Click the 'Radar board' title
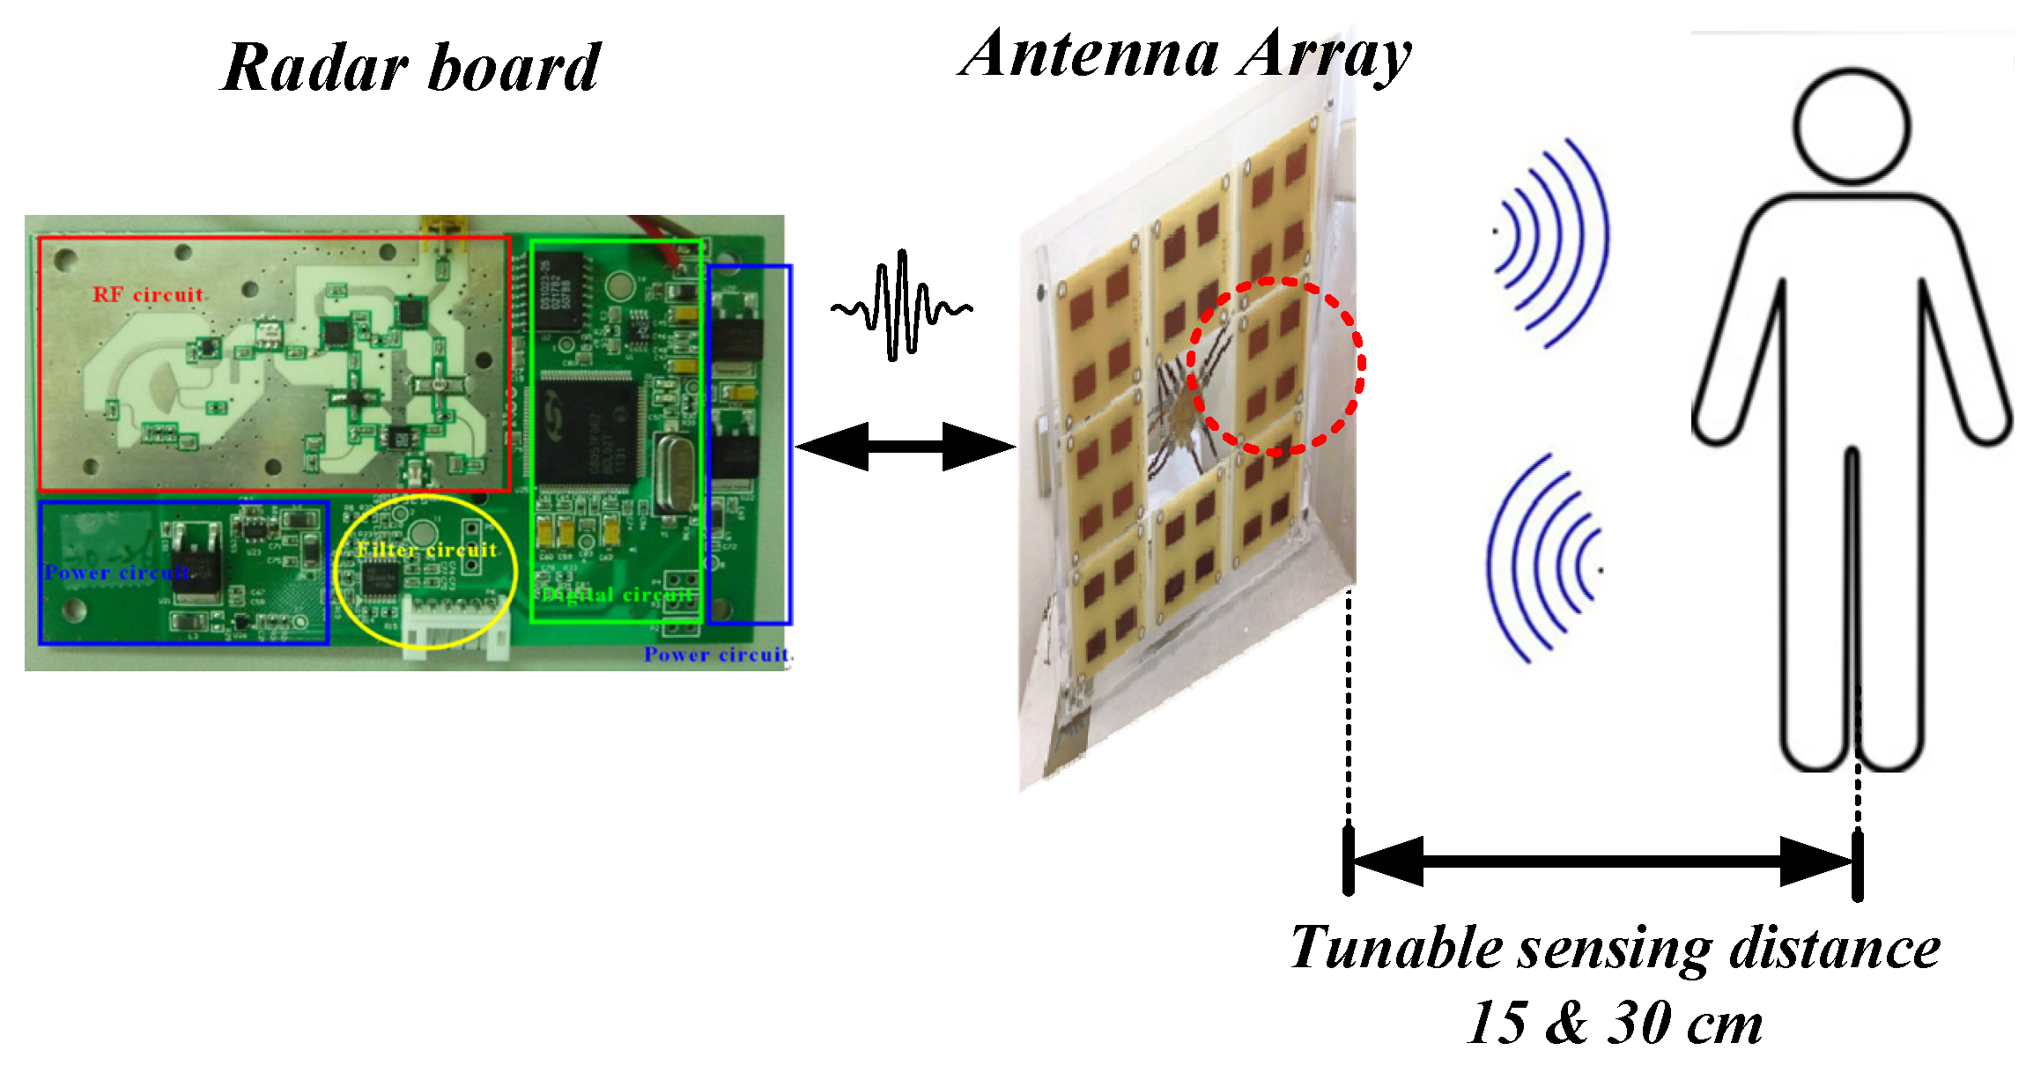410,68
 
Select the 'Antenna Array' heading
1185,55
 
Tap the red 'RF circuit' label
148,294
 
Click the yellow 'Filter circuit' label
427,551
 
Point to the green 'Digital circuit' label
617,595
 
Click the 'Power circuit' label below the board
716,655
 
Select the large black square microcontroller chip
585,432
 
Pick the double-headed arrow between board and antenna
905,446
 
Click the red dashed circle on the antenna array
1275,366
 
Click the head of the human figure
1852,126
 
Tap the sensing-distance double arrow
1602,861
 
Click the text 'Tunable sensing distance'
1615,949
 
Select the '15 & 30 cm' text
1615,1023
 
